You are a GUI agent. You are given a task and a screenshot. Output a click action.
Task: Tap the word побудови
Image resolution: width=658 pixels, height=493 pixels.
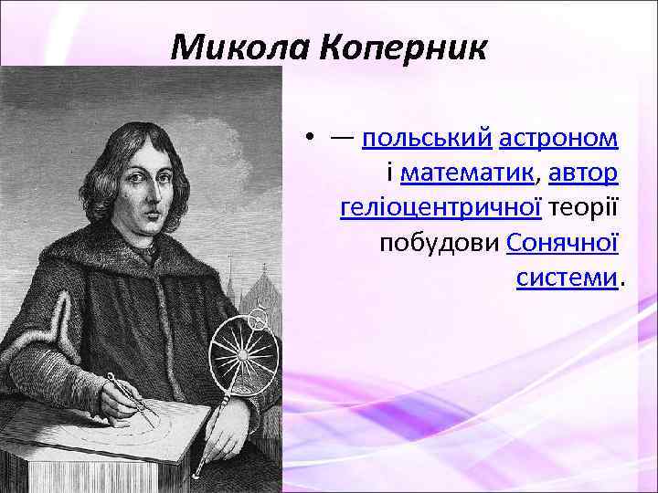[x=439, y=243]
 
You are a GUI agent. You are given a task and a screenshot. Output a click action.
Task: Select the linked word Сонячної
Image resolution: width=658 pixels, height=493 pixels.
[x=562, y=243]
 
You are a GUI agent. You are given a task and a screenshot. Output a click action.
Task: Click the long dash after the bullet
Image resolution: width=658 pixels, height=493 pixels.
[x=344, y=140]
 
